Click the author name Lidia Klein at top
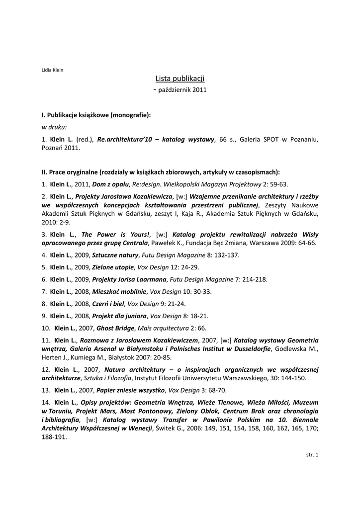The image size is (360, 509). [52, 70]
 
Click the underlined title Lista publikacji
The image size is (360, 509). [180, 79]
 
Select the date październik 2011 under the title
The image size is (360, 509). [182, 90]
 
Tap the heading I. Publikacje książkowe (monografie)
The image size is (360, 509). [96, 115]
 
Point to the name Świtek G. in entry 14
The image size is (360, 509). [171, 428]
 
